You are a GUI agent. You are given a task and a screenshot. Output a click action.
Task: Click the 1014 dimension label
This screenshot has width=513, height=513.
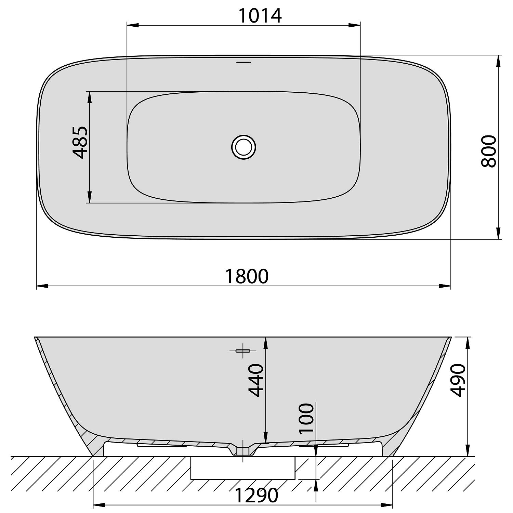click(x=260, y=15)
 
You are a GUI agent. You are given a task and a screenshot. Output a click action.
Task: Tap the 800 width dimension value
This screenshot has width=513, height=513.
click(x=488, y=151)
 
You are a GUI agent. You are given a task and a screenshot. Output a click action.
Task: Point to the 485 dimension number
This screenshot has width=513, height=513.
click(x=80, y=143)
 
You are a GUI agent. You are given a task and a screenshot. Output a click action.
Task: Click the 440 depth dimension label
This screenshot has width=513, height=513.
click(x=256, y=380)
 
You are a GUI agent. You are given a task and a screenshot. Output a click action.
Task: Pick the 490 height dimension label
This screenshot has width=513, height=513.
click(x=458, y=380)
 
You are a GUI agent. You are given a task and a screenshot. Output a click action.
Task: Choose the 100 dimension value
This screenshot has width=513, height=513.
click(x=306, y=419)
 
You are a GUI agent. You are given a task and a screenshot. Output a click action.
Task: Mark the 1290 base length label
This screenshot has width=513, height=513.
click(x=256, y=495)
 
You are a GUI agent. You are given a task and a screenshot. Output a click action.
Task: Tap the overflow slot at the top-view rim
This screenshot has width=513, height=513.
click(x=244, y=62)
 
